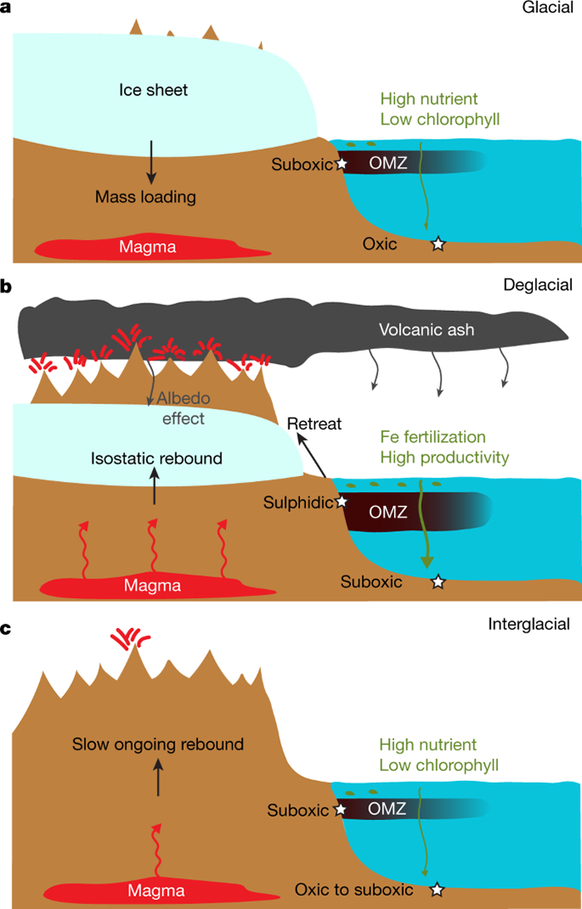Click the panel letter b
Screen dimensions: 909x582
(7, 287)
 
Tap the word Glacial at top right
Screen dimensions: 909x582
(548, 7)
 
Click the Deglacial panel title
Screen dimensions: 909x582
(538, 285)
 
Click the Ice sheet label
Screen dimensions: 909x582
(152, 90)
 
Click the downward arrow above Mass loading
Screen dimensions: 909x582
(150, 162)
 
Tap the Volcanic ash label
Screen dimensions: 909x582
(427, 330)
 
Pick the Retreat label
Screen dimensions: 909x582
(314, 425)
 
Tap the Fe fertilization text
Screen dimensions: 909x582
(432, 437)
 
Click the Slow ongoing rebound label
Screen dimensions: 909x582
(158, 744)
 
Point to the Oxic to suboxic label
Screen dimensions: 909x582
(354, 890)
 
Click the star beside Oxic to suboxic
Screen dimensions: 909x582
(437, 890)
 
